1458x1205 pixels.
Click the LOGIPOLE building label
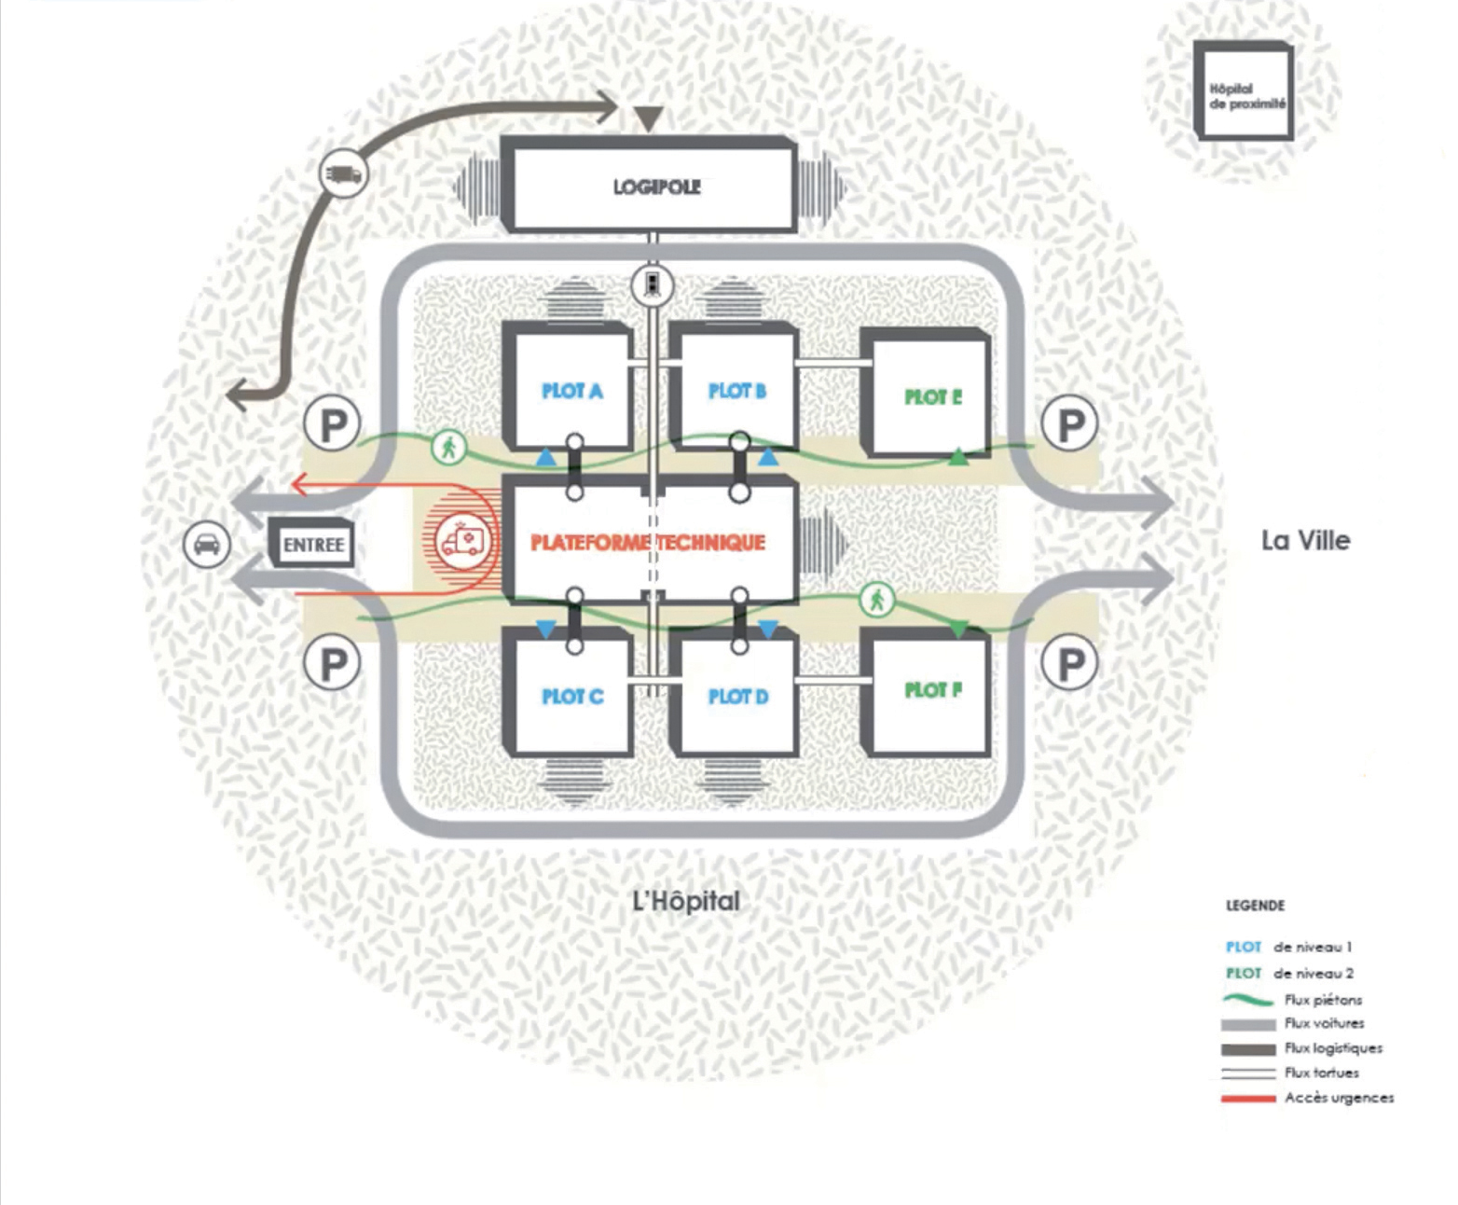pyautogui.click(x=656, y=187)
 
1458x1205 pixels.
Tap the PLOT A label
pyautogui.click(x=571, y=391)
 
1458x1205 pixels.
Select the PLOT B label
pyautogui.click(x=737, y=391)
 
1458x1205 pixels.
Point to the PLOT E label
pyautogui.click(x=932, y=397)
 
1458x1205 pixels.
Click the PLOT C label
pyautogui.click(x=572, y=697)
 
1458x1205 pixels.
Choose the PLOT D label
pyautogui.click(x=738, y=697)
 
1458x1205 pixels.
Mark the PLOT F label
pyautogui.click(x=932, y=690)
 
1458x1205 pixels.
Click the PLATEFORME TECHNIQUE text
pyautogui.click(x=648, y=542)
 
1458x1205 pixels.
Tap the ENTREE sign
pyautogui.click(x=313, y=544)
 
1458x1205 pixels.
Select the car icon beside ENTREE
pyautogui.click(x=207, y=543)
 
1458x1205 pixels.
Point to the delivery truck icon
pyautogui.click(x=343, y=173)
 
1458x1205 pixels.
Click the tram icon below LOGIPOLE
pyautogui.click(x=653, y=285)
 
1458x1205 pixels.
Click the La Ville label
pyautogui.click(x=1305, y=540)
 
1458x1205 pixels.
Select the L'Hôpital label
pyautogui.click(x=686, y=901)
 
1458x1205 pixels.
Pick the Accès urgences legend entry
pyautogui.click(x=1339, y=1098)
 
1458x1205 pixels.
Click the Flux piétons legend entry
pyautogui.click(x=1323, y=1000)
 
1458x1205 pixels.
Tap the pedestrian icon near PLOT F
pyautogui.click(x=876, y=601)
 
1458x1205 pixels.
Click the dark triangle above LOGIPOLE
pyautogui.click(x=648, y=118)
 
